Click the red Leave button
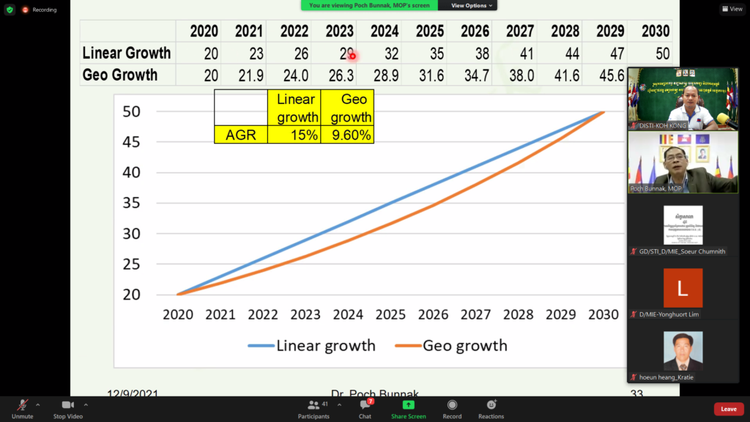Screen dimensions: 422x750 pyautogui.click(x=728, y=409)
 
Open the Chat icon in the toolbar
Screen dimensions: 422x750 pyautogui.click(x=365, y=405)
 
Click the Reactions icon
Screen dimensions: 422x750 pyautogui.click(x=491, y=405)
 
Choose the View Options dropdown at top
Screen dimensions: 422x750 pyautogui.click(x=469, y=5)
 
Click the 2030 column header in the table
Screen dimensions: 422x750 pyautogui.click(x=655, y=32)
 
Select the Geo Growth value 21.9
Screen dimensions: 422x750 pyautogui.click(x=248, y=75)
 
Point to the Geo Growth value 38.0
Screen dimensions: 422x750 pyautogui.click(x=519, y=75)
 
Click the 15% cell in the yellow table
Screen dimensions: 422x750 pyautogui.click(x=294, y=134)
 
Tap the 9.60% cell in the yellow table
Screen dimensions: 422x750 pyautogui.click(x=348, y=134)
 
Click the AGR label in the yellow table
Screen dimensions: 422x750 pyautogui.click(x=240, y=134)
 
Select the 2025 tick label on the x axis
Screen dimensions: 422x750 pyautogui.click(x=390, y=314)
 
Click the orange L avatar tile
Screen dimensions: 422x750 pyautogui.click(x=683, y=288)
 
